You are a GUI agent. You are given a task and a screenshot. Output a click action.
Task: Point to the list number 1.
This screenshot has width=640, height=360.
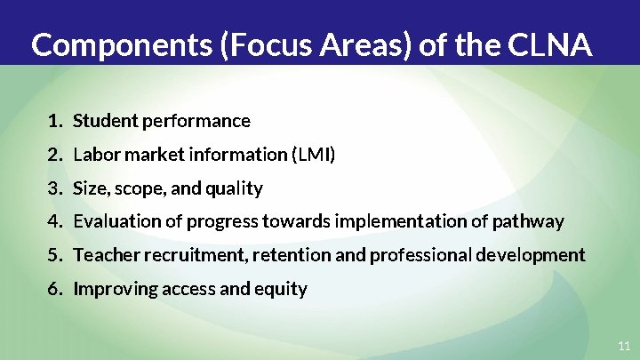(x=55, y=121)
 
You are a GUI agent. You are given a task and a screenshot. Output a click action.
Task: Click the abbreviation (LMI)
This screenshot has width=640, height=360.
(x=313, y=155)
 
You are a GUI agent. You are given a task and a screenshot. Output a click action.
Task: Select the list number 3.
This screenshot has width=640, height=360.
(x=55, y=188)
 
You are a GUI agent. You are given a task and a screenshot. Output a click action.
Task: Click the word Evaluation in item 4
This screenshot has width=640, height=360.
(x=115, y=221)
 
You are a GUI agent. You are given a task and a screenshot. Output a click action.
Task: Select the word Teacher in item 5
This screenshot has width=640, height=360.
(x=102, y=255)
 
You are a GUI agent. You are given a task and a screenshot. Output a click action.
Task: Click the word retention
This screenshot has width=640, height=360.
(x=288, y=255)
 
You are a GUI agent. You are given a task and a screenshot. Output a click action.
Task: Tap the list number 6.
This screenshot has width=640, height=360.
(x=55, y=289)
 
